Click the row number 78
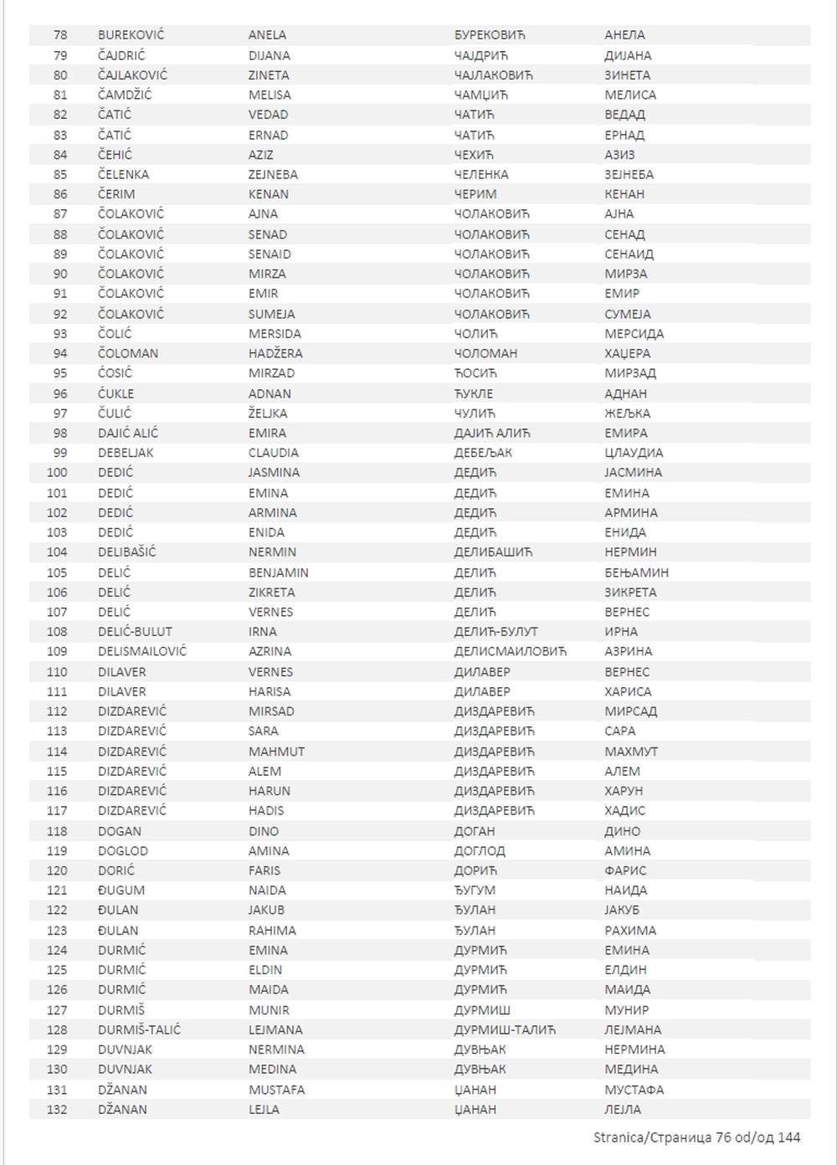coord(60,35)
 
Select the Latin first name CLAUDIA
coord(273,453)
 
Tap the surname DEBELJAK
coord(126,453)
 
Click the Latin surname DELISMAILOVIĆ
coord(142,651)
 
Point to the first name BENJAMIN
coord(278,572)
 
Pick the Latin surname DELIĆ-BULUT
coord(135,632)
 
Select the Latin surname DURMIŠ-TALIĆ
coord(139,1029)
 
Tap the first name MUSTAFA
coord(276,1090)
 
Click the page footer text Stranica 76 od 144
coord(696,1137)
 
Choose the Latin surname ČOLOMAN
coord(128,353)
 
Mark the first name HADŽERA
coord(275,353)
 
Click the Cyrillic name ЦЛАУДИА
coord(634,453)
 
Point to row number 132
coord(57,1110)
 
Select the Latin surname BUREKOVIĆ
coord(131,35)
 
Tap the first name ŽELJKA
coord(268,413)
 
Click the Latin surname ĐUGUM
coord(121,890)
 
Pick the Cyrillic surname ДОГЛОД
coord(480,851)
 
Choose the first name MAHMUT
coord(276,752)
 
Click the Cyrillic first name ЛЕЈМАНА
coord(633,1029)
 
